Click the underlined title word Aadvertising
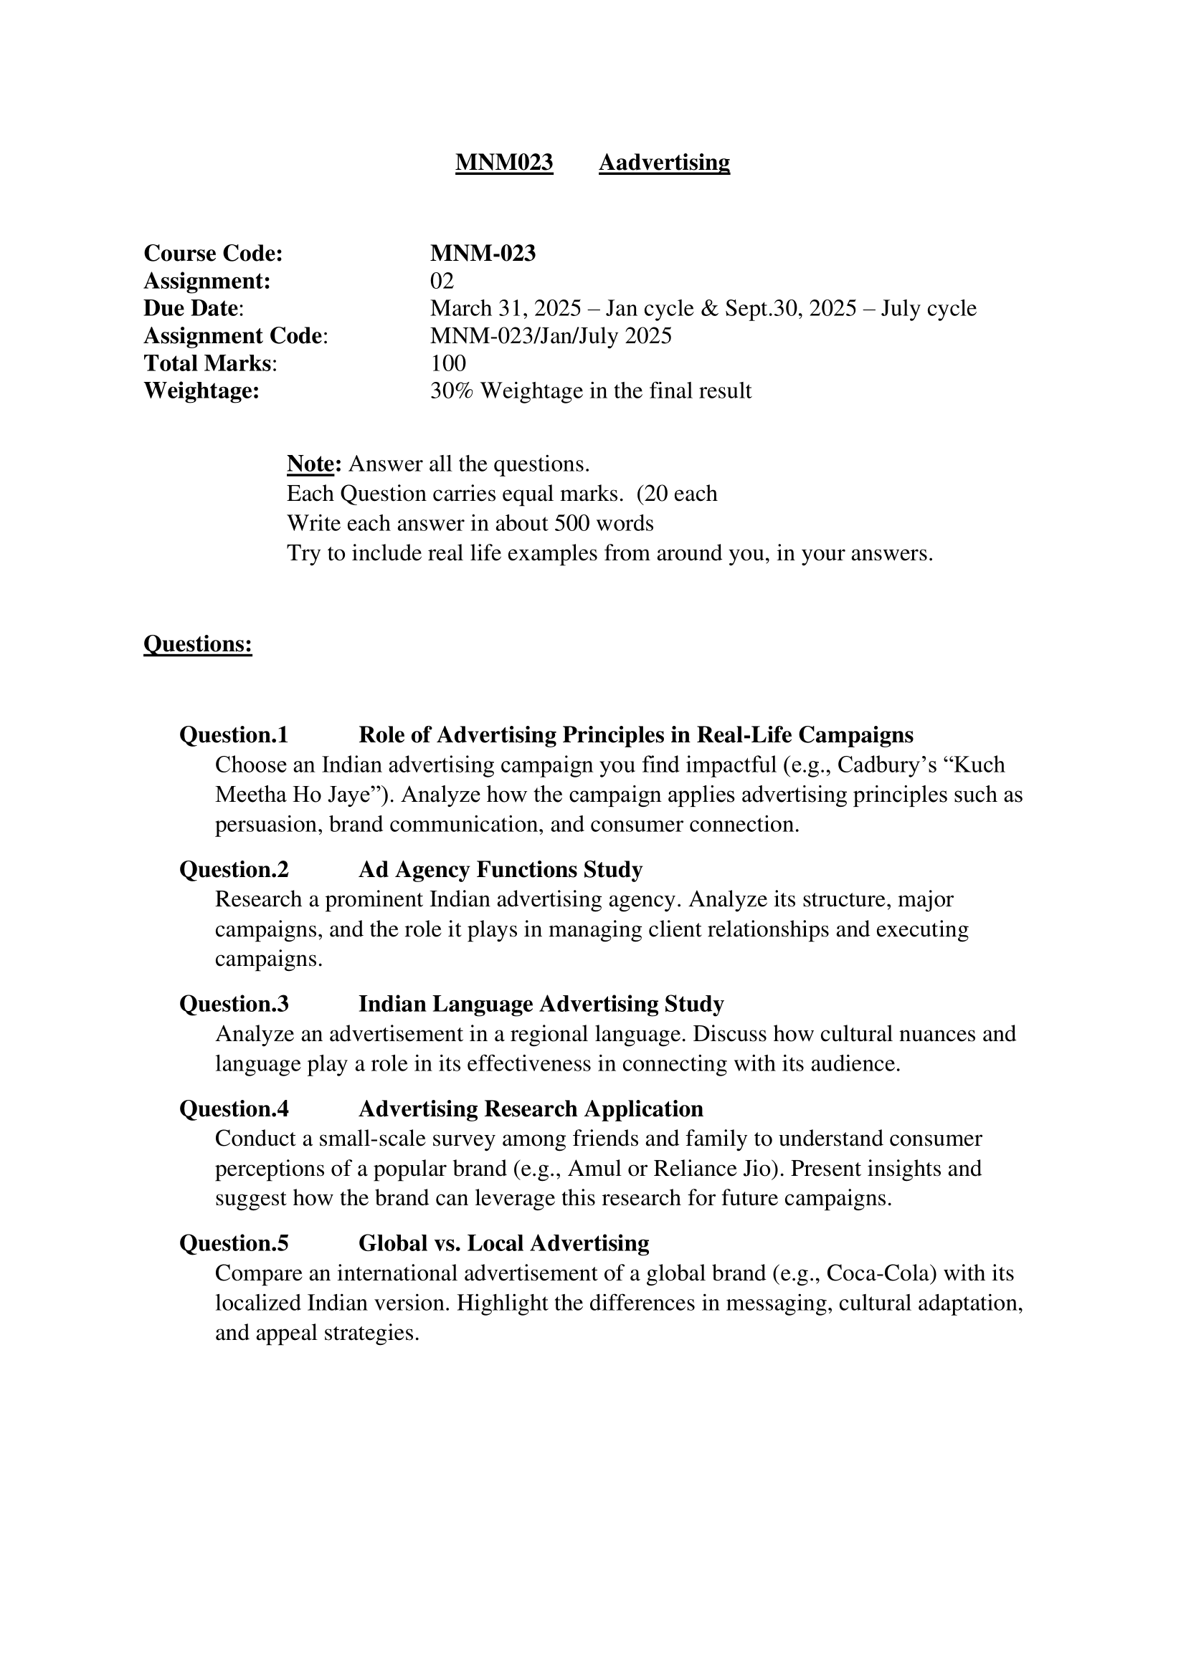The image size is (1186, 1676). click(664, 162)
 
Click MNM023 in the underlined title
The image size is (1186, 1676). click(504, 162)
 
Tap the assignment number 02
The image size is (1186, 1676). click(442, 281)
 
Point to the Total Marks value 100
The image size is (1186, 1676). click(447, 363)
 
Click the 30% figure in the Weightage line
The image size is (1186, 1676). click(451, 391)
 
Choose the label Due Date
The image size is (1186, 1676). click(191, 309)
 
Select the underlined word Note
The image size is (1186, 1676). click(311, 464)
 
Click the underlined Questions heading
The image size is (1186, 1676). click(198, 644)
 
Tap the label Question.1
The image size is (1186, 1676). click(234, 734)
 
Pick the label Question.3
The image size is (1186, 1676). click(234, 1004)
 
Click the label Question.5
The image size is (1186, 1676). click(234, 1243)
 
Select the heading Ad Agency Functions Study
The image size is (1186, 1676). click(501, 869)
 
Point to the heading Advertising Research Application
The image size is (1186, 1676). click(531, 1108)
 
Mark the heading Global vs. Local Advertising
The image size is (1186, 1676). click(504, 1243)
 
